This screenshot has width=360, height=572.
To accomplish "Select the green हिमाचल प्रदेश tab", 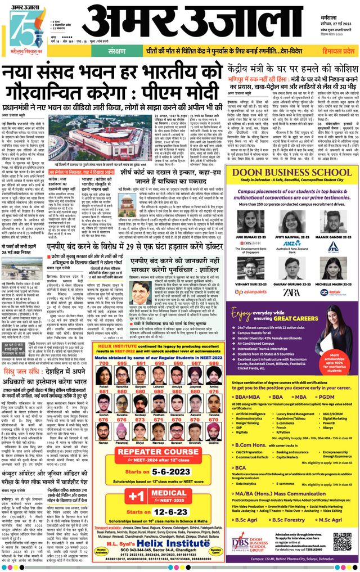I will click(334, 51).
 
